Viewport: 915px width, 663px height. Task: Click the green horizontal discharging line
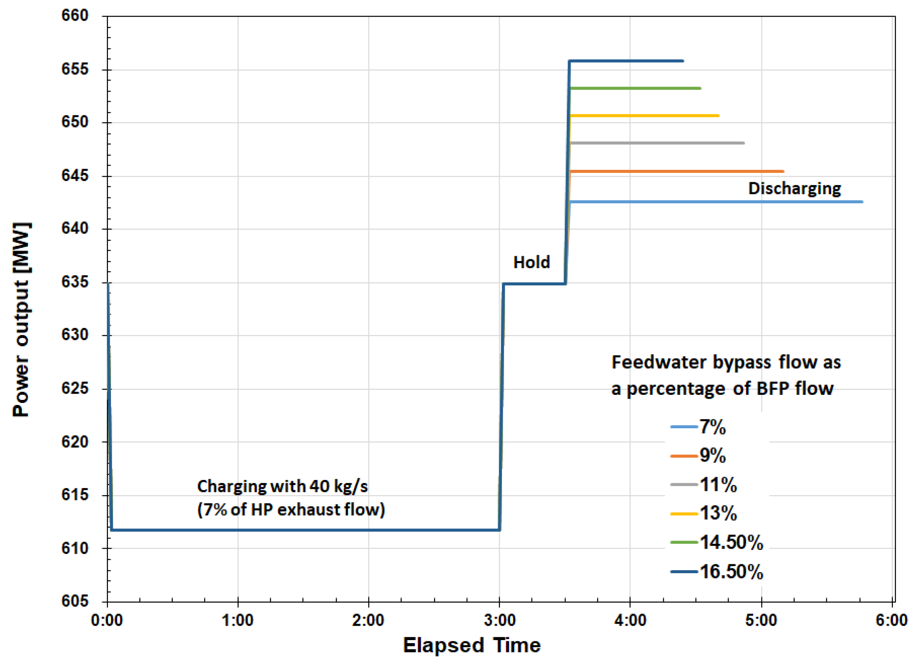635,88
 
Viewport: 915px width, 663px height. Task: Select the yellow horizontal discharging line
646,116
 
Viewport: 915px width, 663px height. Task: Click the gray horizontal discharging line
658,143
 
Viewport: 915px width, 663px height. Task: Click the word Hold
531,262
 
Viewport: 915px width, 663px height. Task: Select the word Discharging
794,188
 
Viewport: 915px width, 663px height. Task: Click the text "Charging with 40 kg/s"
282,486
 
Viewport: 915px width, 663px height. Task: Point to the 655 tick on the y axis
75,69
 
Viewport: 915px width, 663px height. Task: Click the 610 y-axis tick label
75,548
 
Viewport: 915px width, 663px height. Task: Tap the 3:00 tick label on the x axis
500,620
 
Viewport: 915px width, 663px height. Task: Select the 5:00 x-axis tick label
761,620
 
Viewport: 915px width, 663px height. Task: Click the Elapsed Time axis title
472,645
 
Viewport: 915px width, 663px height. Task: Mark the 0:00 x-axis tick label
107,620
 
